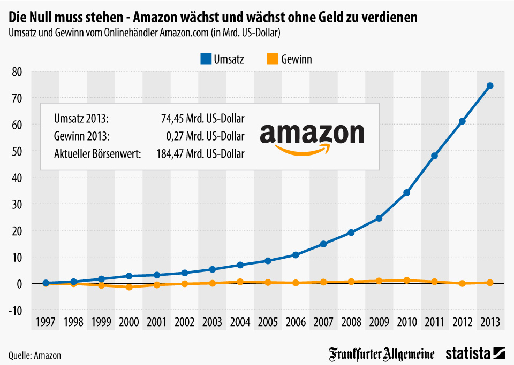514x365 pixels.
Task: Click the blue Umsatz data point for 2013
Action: tap(489, 86)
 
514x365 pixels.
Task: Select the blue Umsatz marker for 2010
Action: tap(406, 192)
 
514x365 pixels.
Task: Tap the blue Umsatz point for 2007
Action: tap(323, 244)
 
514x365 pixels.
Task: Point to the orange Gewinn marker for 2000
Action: tap(129, 287)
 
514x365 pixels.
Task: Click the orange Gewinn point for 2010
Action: tap(406, 280)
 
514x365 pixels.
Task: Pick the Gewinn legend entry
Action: tap(290, 59)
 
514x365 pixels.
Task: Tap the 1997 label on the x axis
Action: tap(46, 322)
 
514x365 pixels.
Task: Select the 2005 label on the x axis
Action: tap(268, 322)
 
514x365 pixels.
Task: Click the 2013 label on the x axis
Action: tap(489, 322)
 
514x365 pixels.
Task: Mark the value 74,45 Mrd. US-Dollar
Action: tap(202, 118)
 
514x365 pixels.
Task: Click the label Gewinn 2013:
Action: tap(81, 136)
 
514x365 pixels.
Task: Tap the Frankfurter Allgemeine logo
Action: tap(382, 354)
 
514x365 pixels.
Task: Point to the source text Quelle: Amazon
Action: tap(35, 355)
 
